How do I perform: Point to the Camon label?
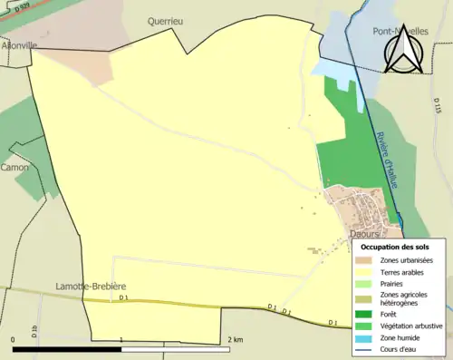pos(15,168)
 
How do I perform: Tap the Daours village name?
pos(365,234)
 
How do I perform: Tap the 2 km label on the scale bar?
pos(236,340)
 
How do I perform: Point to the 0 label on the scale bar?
pos(14,340)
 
